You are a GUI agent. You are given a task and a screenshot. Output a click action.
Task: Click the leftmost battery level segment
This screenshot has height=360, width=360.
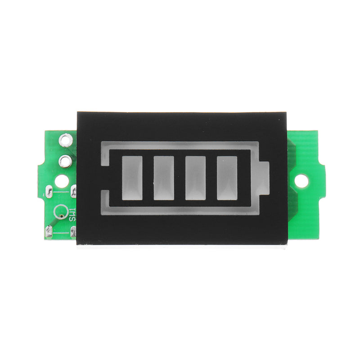tap(132, 178)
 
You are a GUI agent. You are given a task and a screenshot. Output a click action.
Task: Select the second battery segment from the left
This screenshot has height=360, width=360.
tap(163, 178)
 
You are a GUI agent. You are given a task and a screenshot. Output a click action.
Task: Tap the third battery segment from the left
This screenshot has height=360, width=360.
tap(195, 178)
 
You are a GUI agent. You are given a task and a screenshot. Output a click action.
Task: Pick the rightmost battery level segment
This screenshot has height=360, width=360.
tap(227, 178)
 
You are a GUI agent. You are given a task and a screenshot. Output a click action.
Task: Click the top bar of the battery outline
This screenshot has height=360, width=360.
tap(180, 146)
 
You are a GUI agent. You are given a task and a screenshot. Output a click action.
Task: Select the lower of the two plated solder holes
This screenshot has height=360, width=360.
tap(65, 160)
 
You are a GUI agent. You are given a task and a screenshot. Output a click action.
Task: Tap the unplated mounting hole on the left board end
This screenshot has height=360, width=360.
tap(62, 181)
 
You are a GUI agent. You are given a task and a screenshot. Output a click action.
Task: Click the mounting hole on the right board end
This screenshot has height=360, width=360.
tap(302, 181)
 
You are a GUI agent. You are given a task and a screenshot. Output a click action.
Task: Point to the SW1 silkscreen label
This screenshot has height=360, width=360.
tap(72, 214)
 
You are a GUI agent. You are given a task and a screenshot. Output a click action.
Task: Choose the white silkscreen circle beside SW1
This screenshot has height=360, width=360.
tap(60, 211)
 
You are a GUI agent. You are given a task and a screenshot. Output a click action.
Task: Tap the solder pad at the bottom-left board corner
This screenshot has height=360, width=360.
tap(49, 232)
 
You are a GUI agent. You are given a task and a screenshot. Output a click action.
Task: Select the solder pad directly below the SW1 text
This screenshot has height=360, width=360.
tap(74, 232)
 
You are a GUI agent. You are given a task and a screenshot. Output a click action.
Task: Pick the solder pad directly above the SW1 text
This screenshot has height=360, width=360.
tap(74, 192)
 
